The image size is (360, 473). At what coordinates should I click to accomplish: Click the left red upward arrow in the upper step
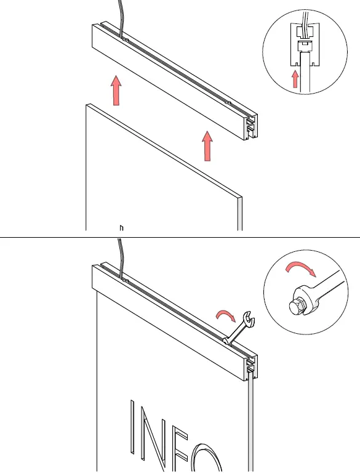tap(115, 91)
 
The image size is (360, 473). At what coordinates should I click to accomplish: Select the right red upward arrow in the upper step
tap(207, 146)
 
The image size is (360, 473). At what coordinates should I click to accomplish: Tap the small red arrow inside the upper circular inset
tap(295, 79)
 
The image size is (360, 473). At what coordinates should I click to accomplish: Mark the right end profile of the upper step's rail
tap(250, 127)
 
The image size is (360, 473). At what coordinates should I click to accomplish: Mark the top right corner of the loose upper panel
tap(240, 198)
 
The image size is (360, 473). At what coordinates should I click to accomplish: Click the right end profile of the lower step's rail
tap(250, 368)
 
